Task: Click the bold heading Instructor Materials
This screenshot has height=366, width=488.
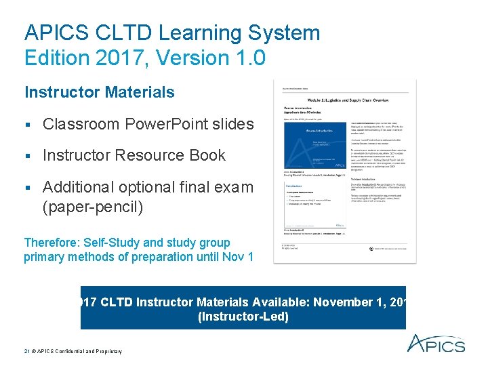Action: point(99,92)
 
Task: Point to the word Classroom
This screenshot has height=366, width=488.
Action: point(85,124)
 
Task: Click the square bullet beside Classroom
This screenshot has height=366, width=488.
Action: point(28,125)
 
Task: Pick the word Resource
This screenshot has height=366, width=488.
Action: point(151,155)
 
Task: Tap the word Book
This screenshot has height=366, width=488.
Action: point(208,155)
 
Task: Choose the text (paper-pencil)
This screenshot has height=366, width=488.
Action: point(92,207)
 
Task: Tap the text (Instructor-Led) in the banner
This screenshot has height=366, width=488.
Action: point(243,317)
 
